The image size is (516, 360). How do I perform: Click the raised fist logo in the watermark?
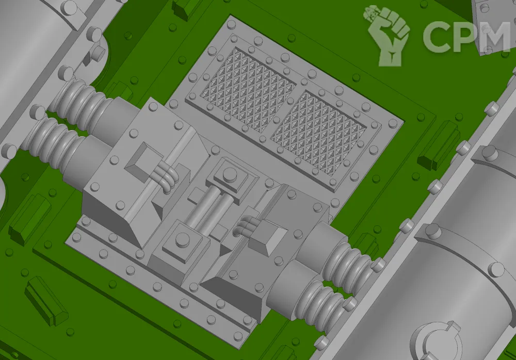click(388, 35)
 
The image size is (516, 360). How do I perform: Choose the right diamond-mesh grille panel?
click(318, 133)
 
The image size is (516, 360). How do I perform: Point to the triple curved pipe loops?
click(167, 178)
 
